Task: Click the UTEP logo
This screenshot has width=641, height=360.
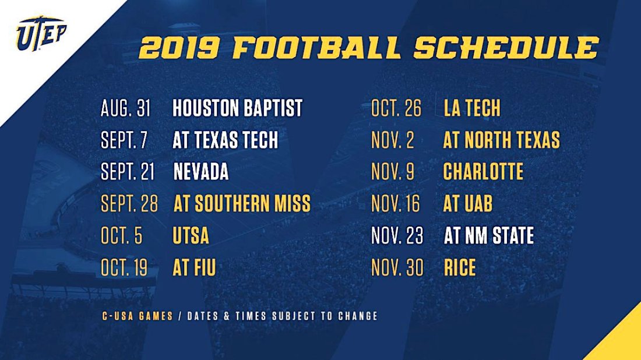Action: click(x=41, y=34)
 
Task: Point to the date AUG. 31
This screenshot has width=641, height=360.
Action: click(x=126, y=108)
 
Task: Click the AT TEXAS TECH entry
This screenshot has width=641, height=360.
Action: click(x=226, y=140)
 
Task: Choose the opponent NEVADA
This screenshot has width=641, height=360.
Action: click(x=200, y=172)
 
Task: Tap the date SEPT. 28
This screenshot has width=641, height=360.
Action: click(x=129, y=204)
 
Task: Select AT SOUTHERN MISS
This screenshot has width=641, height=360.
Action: click(x=242, y=204)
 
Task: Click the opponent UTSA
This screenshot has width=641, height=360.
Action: click(x=191, y=236)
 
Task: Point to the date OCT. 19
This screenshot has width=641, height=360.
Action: click(x=124, y=268)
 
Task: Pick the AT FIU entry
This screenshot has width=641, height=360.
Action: click(x=194, y=268)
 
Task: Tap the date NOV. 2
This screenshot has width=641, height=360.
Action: click(x=393, y=140)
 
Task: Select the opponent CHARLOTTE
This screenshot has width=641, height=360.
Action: click(x=483, y=172)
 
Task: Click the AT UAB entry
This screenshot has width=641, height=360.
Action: click(x=468, y=204)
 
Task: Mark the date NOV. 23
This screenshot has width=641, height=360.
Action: click(x=397, y=236)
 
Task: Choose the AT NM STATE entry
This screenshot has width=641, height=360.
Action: click(x=489, y=236)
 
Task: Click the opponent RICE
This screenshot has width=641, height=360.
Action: click(x=460, y=268)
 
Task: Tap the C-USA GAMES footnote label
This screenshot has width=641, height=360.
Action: click(x=137, y=316)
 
